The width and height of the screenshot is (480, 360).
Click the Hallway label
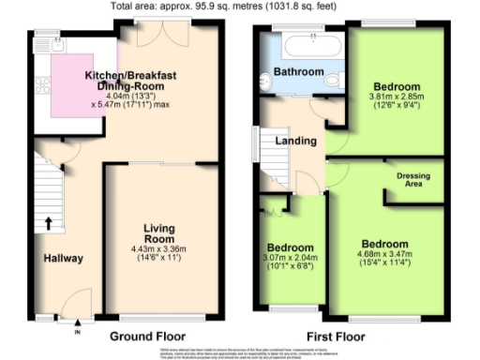pyautogui.click(x=63, y=259)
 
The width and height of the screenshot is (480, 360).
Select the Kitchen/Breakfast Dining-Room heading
pyautogui.click(x=143, y=79)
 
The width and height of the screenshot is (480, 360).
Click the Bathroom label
pyautogui.click(x=298, y=71)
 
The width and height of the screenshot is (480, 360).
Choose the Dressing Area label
pyautogui.click(x=412, y=180)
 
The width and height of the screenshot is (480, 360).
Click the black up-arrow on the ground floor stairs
pyautogui.click(x=47, y=223)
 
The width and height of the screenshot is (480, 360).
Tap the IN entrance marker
pyautogui.click(x=78, y=331)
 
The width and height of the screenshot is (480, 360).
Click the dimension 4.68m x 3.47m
pyautogui.click(x=385, y=253)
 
